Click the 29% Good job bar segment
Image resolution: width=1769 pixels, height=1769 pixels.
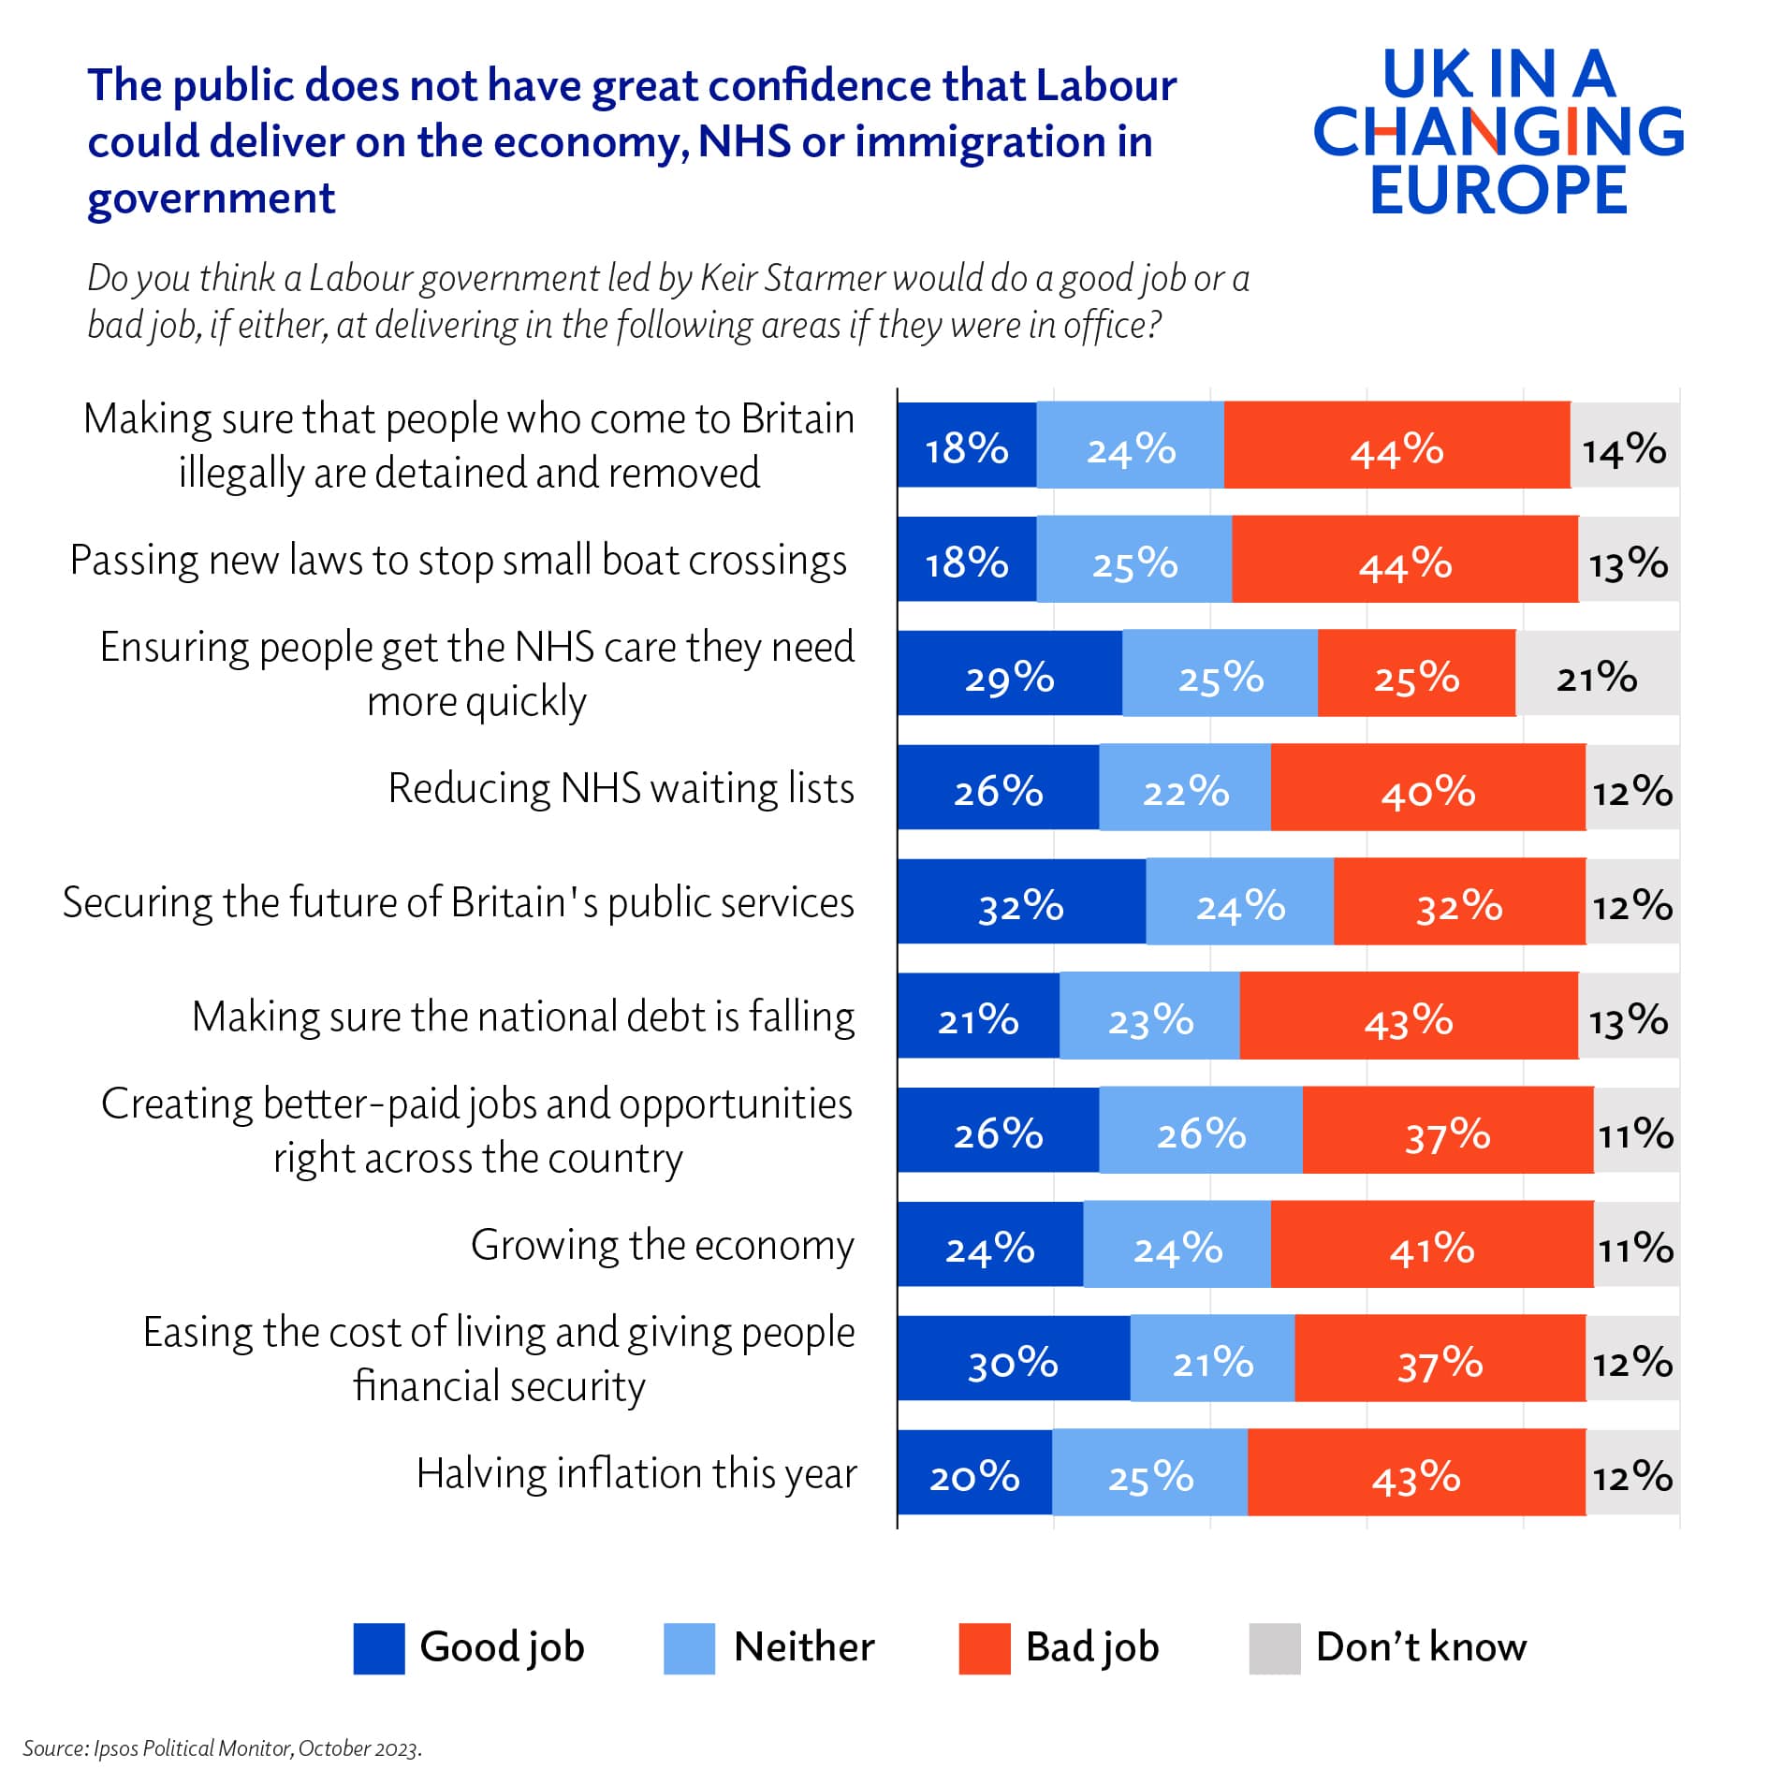(1009, 673)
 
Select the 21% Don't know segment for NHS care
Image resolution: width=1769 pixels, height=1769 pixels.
(1597, 673)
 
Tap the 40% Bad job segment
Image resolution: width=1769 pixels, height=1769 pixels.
(1427, 787)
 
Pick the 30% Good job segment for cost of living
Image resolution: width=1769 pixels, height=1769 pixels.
(1013, 1358)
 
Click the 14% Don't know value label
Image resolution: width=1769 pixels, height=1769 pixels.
(1624, 449)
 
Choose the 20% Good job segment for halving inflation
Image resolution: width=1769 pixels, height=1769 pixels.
(974, 1472)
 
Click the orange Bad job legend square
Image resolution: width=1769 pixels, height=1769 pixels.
(984, 1648)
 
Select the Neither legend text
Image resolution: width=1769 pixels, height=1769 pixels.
(803, 1646)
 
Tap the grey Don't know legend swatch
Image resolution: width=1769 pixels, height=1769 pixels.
(1274, 1648)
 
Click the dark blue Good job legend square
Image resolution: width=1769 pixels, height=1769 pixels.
(378, 1648)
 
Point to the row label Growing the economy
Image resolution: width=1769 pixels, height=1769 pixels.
(662, 1245)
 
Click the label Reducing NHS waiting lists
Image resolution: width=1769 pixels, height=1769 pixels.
(621, 788)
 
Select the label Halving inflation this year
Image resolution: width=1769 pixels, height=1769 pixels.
(636, 1473)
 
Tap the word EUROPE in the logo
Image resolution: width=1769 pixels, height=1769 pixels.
(1498, 190)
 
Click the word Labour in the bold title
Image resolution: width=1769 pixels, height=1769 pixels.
(1105, 85)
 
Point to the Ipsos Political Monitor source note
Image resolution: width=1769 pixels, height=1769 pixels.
(222, 1747)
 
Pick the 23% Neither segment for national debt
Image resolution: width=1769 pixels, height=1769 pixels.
(1149, 1016)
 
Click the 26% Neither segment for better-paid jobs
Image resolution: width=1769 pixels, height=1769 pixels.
(1200, 1130)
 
